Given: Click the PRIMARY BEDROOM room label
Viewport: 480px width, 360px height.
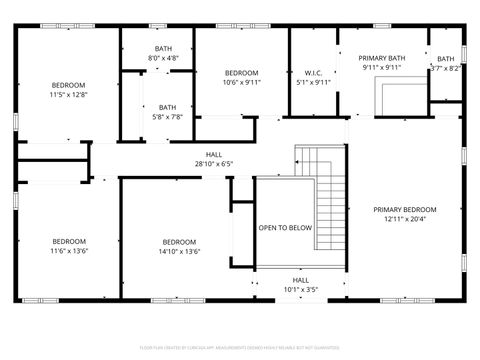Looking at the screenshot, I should tap(405, 210).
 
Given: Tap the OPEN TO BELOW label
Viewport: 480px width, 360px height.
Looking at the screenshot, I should tap(285, 228).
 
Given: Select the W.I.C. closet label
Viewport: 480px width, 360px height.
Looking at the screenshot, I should tap(312, 73).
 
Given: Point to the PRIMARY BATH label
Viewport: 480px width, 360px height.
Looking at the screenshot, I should tap(382, 59).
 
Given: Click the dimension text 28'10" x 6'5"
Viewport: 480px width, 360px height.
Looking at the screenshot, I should tap(214, 164).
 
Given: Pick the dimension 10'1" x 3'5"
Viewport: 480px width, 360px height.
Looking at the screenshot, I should tap(300, 290).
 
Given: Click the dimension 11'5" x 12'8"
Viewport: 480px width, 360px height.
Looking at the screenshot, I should tap(69, 95).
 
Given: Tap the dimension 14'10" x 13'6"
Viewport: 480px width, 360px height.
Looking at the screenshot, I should tap(179, 252).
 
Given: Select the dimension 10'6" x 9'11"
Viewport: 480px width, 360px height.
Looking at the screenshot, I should tap(241, 83).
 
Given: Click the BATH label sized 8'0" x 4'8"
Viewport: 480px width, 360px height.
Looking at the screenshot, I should tap(163, 49).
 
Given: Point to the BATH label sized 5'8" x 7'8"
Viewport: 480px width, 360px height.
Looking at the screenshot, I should tap(167, 107).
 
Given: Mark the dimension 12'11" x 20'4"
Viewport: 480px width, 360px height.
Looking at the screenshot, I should tap(405, 220).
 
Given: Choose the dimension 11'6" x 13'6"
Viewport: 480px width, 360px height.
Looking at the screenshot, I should tap(69, 252).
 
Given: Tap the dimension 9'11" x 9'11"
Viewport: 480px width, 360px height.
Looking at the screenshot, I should tap(382, 69).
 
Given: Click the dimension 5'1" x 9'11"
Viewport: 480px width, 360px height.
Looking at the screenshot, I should tap(312, 83).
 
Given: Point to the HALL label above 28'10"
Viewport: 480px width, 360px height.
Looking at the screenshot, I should tap(214, 154).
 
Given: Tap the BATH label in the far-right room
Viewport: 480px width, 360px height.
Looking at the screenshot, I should tap(445, 59).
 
